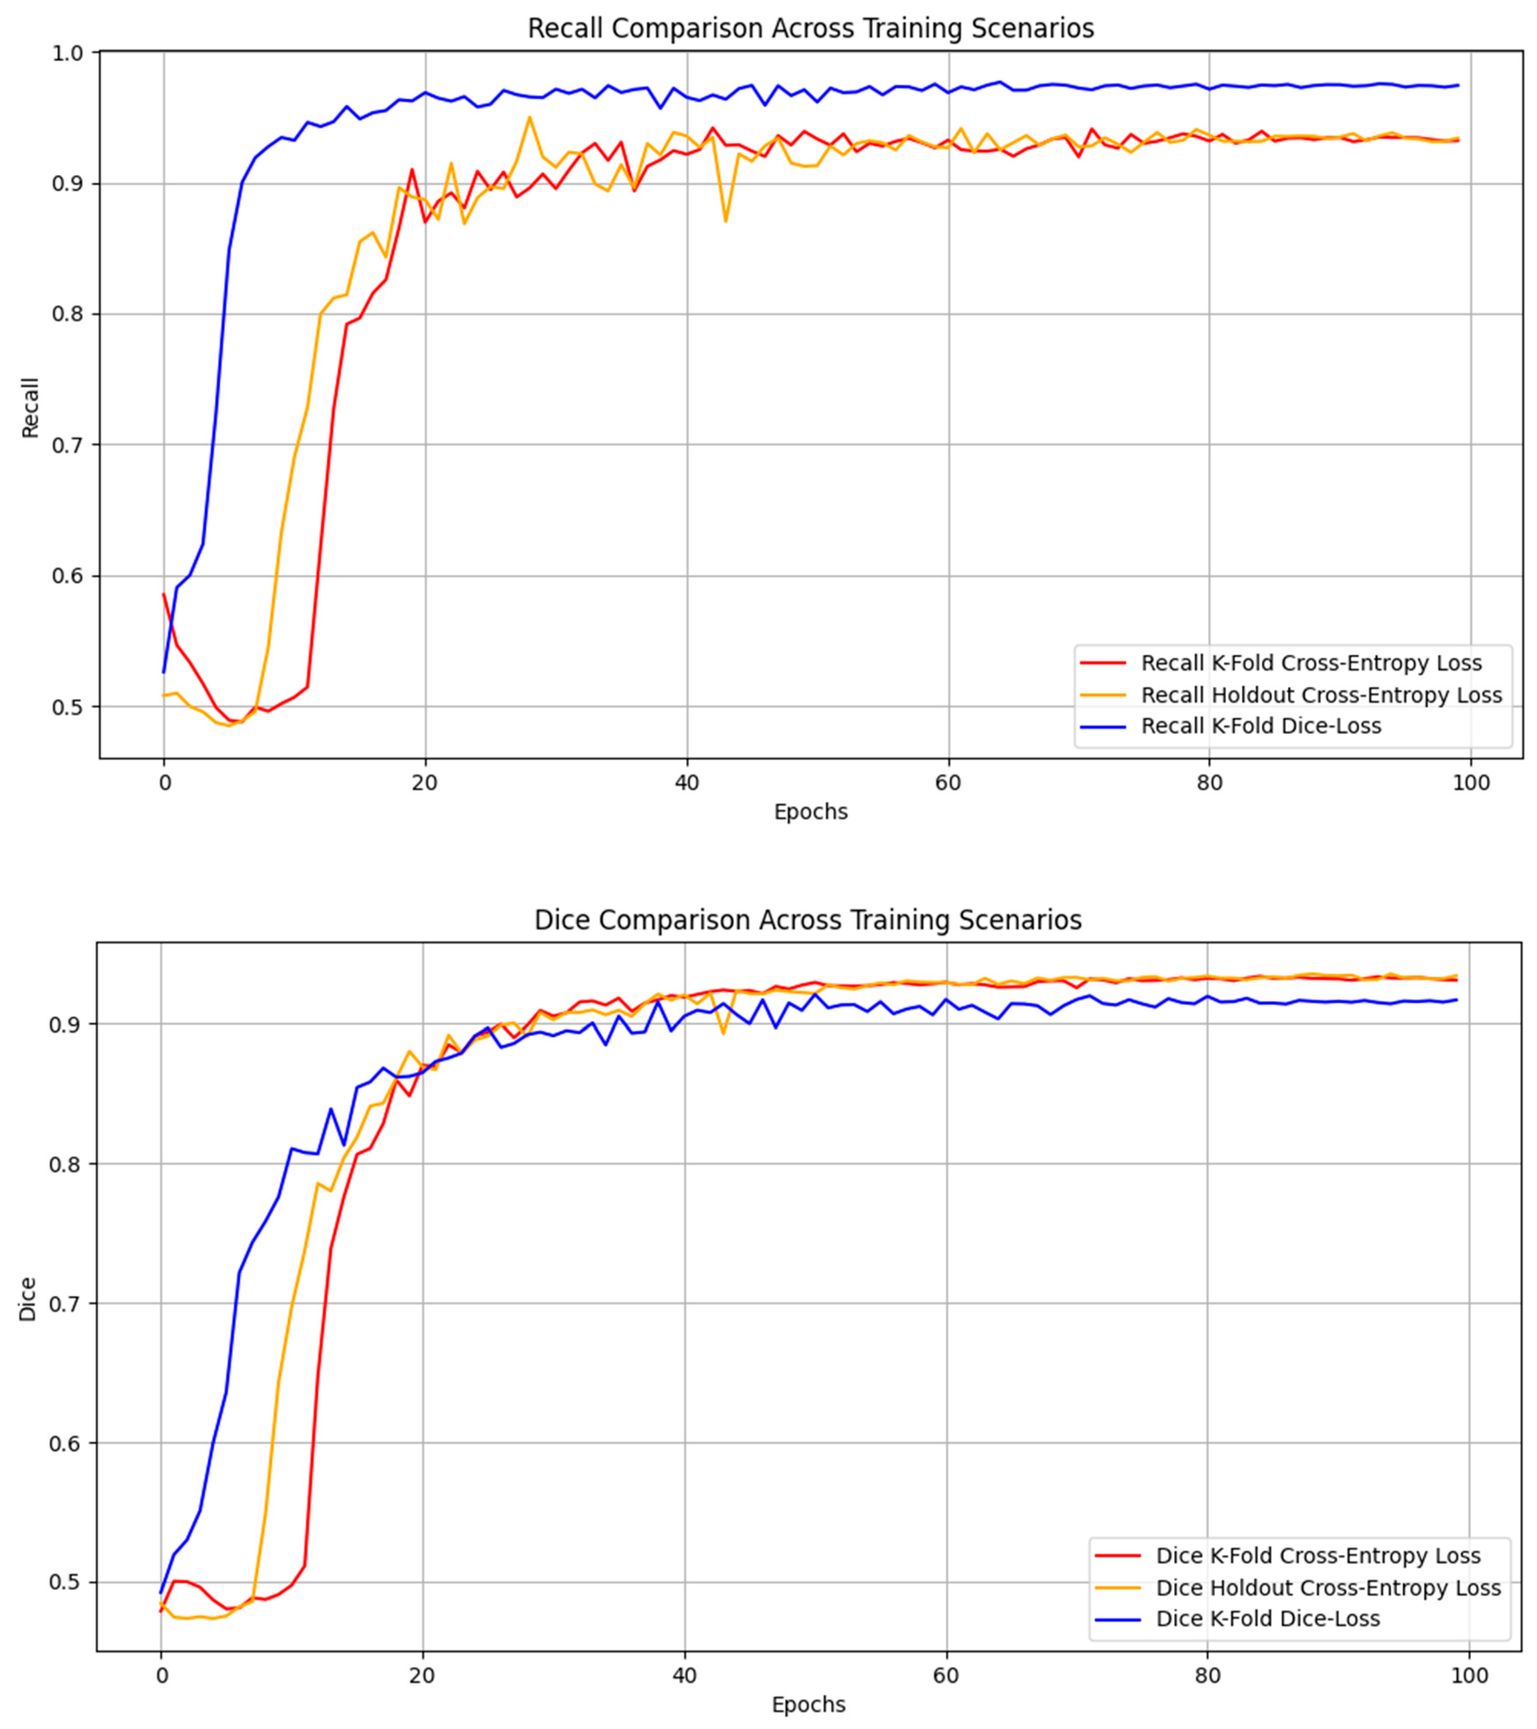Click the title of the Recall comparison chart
point(810,29)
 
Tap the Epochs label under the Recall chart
point(810,812)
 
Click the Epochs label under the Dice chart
point(807,1705)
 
